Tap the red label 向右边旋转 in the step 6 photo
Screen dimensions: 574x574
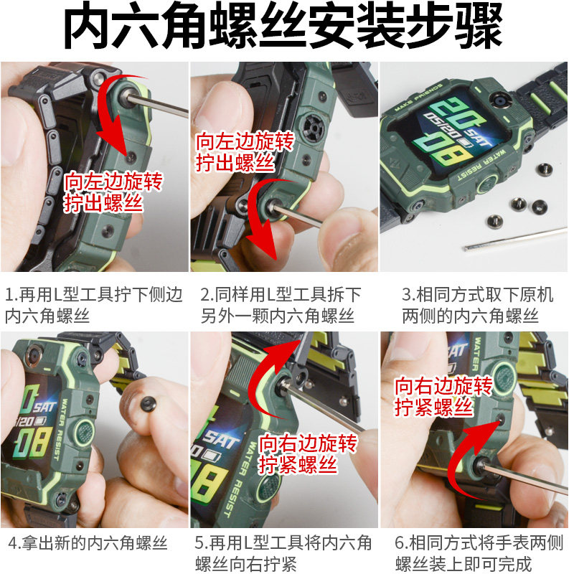(x=443, y=386)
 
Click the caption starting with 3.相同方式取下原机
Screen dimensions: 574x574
(x=477, y=305)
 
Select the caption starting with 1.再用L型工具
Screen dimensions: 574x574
(x=94, y=305)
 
